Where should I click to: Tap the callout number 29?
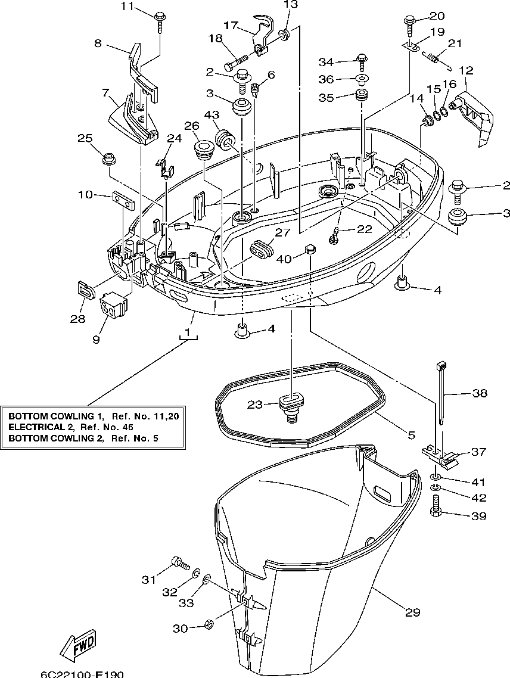point(412,612)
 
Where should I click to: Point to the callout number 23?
point(255,405)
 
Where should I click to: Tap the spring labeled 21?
point(438,59)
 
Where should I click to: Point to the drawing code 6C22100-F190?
point(82,674)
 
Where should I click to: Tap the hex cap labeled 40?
point(309,249)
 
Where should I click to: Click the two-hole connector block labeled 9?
point(114,306)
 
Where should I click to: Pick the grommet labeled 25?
point(109,158)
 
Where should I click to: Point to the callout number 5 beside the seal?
point(411,434)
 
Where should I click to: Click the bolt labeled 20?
point(409,24)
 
